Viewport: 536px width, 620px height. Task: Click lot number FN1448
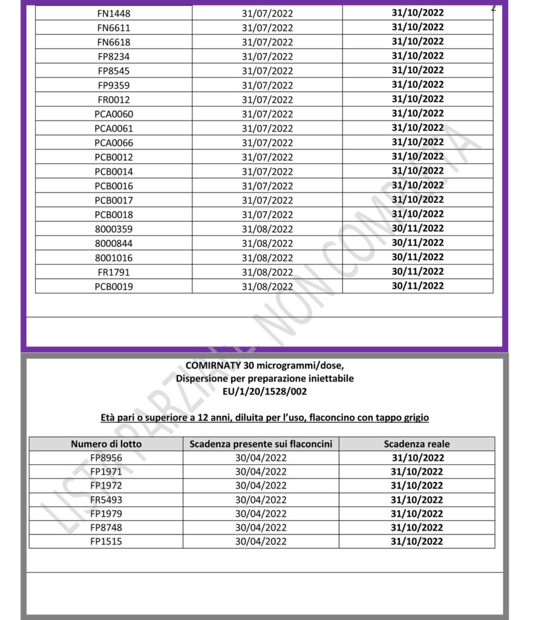tap(114, 13)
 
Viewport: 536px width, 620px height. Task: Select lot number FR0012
tap(114, 100)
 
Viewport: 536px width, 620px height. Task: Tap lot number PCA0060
tap(114, 114)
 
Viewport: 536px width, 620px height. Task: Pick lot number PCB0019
tap(114, 286)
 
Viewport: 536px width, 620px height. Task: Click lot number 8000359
tap(114, 229)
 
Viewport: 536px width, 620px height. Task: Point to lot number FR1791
tap(114, 272)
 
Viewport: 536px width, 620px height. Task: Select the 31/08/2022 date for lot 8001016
tap(267, 258)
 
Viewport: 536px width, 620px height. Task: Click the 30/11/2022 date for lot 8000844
tap(417, 243)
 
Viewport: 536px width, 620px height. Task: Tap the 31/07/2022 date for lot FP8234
tap(267, 57)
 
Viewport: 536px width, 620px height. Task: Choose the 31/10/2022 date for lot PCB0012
tap(417, 157)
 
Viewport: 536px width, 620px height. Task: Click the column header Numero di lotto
tap(106, 444)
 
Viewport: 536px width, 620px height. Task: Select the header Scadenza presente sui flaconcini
tap(261, 444)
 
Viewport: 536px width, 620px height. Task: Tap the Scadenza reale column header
tap(417, 444)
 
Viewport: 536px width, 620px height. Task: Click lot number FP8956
tap(106, 458)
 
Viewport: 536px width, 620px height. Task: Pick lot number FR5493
tap(106, 500)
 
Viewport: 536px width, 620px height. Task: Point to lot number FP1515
tap(106, 542)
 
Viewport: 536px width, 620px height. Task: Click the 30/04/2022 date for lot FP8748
tap(261, 528)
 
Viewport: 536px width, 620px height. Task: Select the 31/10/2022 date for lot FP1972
tap(417, 486)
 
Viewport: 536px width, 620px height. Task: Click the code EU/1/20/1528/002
tap(265, 392)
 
